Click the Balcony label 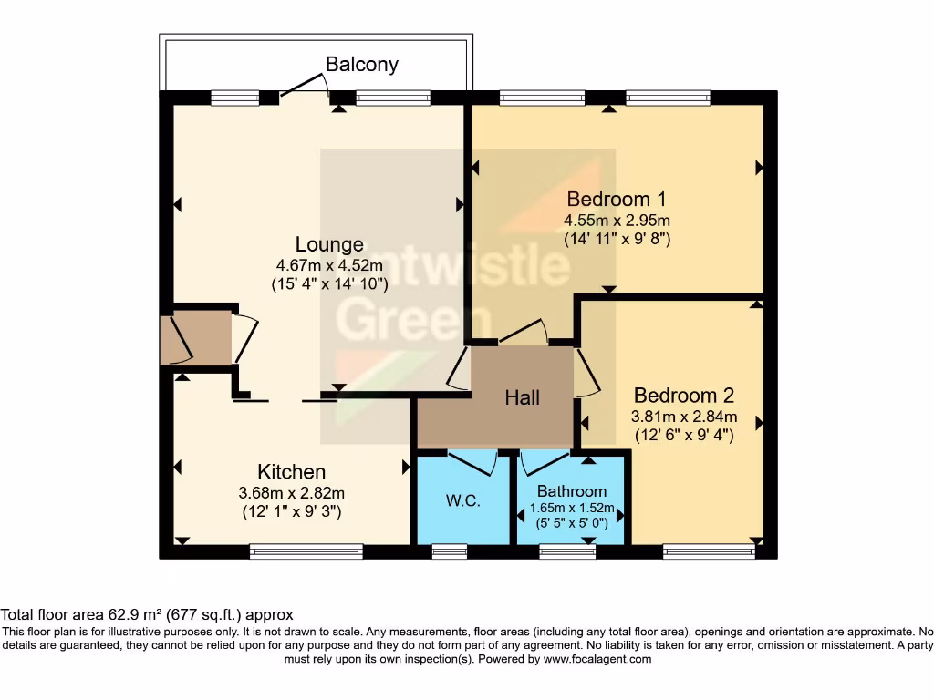click(x=362, y=65)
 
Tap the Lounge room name click(x=329, y=244)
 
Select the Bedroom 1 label click(x=616, y=199)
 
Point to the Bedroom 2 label click(x=683, y=396)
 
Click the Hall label click(x=523, y=397)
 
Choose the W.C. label click(x=462, y=501)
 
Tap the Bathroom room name click(x=571, y=491)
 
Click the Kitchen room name click(x=291, y=471)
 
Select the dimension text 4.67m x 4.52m click(x=329, y=265)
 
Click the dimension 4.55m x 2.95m click(x=617, y=221)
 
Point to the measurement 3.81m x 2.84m click(x=683, y=417)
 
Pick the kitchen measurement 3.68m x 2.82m click(x=291, y=493)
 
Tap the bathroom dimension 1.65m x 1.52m click(x=571, y=508)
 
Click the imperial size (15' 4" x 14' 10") click(x=329, y=283)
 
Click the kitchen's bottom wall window click(x=306, y=551)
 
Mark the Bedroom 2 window click(x=709, y=551)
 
